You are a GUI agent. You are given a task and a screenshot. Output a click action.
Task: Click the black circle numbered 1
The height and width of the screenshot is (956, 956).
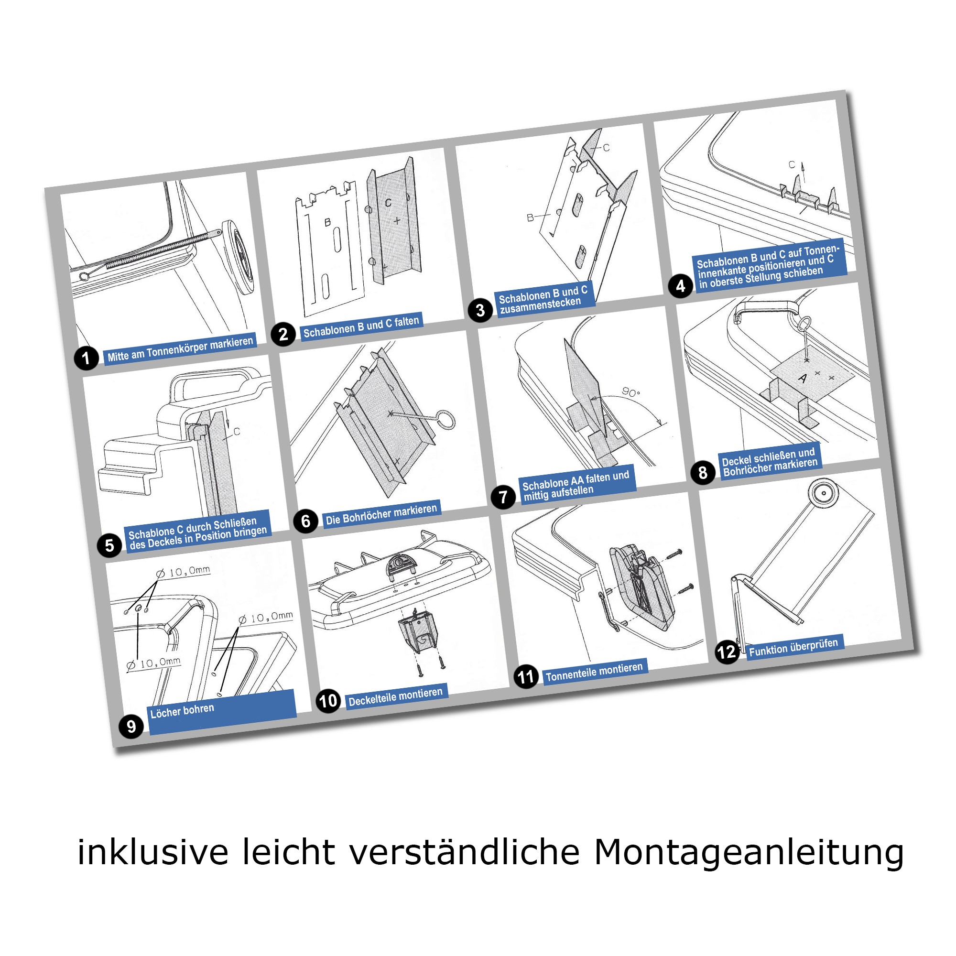(86, 357)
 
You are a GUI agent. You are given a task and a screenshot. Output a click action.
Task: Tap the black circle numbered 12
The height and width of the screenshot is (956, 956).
(727, 652)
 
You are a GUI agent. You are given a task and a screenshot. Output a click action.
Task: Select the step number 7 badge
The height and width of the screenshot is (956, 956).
(503, 496)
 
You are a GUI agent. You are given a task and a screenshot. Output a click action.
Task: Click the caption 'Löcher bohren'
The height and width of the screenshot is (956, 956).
(182, 711)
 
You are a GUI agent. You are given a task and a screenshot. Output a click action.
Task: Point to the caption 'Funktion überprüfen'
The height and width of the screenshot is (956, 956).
(793, 647)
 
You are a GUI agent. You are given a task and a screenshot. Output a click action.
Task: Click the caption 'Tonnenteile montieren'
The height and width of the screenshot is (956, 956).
(594, 672)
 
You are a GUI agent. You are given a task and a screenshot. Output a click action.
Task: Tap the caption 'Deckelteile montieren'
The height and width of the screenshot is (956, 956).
(395, 697)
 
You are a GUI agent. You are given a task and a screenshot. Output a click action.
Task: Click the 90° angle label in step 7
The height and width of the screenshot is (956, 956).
(631, 392)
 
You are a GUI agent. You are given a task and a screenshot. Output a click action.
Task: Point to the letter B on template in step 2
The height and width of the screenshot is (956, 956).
(327, 222)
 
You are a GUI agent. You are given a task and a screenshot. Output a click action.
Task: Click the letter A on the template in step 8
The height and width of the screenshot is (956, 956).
(803, 379)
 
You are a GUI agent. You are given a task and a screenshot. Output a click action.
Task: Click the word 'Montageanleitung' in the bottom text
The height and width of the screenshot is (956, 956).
(749, 852)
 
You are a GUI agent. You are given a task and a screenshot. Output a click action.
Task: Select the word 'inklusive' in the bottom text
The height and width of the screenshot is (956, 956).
(153, 852)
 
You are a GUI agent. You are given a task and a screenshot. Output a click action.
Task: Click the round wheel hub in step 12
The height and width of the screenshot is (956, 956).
(824, 493)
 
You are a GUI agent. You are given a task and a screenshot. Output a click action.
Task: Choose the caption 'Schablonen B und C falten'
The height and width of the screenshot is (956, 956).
(361, 326)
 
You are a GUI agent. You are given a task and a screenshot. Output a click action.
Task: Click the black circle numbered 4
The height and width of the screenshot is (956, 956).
(680, 286)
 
